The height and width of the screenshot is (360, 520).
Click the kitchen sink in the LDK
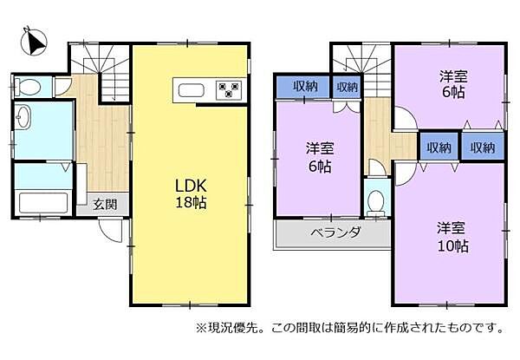[x=191, y=89]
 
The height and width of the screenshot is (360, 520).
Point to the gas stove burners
[x=230, y=89]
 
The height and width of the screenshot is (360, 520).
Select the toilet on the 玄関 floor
[x=29, y=87]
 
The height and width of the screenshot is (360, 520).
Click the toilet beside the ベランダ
[x=376, y=200]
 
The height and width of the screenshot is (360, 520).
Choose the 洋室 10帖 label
[x=452, y=236]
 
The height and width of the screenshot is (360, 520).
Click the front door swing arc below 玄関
[x=108, y=230]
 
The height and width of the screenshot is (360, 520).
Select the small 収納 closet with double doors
[x=347, y=88]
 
